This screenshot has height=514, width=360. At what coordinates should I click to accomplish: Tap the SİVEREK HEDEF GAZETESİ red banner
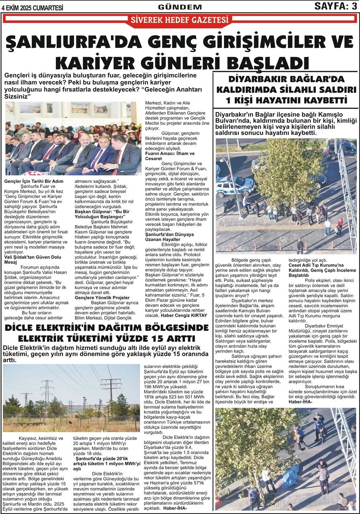click(x=179, y=20)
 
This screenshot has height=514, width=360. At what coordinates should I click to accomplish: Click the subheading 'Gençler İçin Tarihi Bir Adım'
click(x=34, y=181)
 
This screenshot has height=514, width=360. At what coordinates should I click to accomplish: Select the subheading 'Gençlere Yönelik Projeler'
click(x=102, y=298)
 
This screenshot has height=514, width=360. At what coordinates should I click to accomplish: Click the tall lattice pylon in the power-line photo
click(x=47, y=396)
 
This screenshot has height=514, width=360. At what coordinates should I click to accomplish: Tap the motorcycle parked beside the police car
click(x=230, y=205)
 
